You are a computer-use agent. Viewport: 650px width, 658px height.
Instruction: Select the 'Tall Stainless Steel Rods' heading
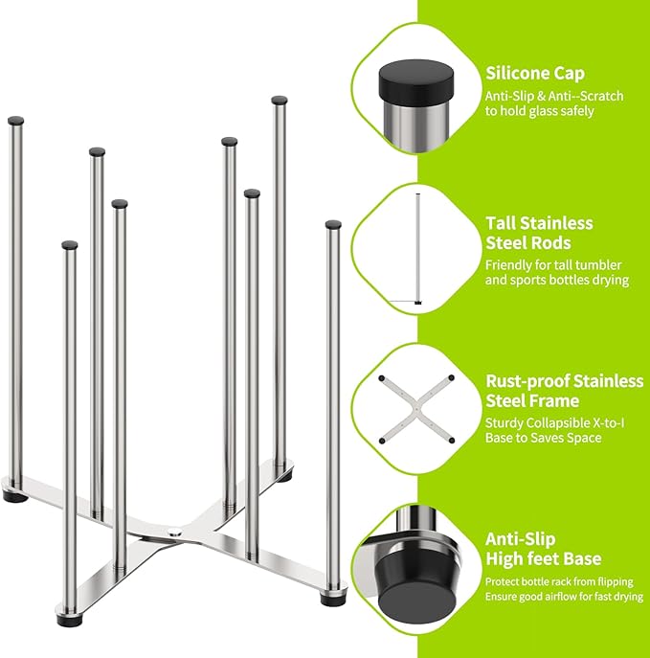pyautogui.click(x=539, y=233)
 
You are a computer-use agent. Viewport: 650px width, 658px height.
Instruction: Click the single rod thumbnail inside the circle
pyautogui.click(x=418, y=248)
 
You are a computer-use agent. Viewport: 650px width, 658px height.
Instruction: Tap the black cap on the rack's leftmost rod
pyautogui.click(x=15, y=122)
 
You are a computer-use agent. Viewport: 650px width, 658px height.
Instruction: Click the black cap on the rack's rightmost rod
pyautogui.click(x=333, y=225)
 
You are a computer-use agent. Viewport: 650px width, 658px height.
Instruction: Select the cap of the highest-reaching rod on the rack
pyautogui.click(x=280, y=100)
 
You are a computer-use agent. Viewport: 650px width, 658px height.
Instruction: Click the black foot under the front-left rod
pyautogui.click(x=69, y=618)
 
